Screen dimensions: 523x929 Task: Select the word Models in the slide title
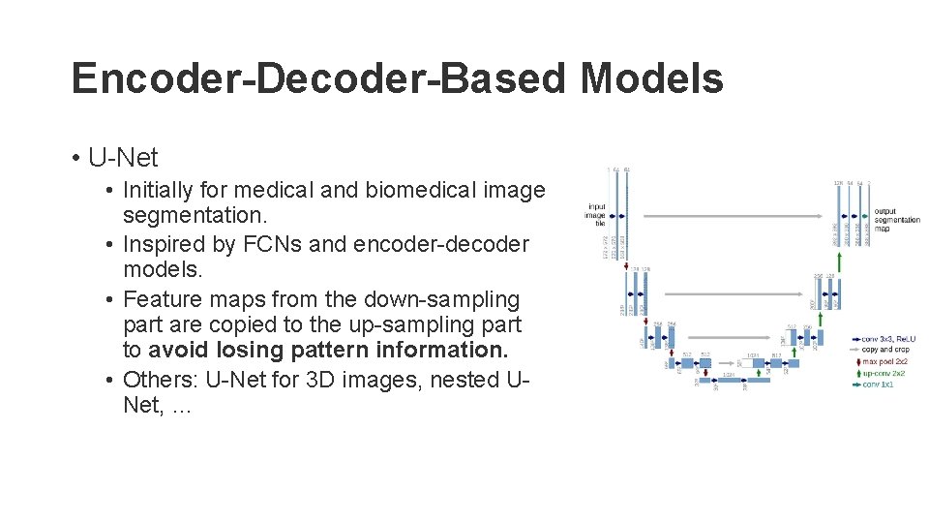click(652, 78)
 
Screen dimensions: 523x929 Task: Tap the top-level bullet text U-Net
click(123, 157)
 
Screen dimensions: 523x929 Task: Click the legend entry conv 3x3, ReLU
click(888, 339)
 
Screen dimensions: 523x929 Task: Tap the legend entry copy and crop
click(884, 350)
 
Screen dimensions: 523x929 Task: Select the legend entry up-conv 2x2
click(885, 373)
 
